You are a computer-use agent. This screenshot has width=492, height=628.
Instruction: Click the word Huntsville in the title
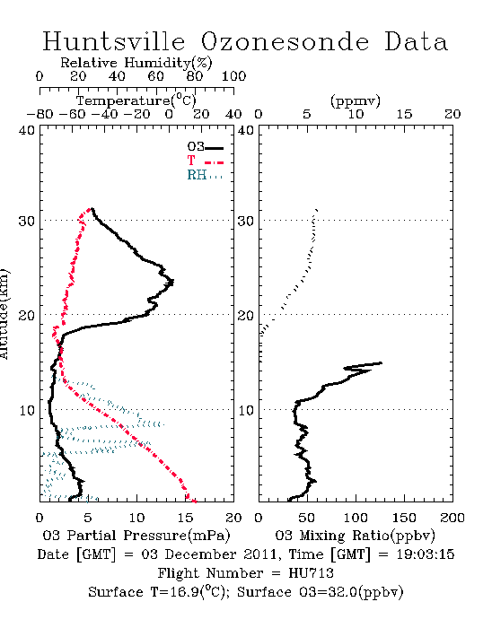pos(114,41)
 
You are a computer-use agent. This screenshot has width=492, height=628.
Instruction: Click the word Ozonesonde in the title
pos(284,41)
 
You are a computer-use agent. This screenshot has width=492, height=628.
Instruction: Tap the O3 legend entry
pos(205,147)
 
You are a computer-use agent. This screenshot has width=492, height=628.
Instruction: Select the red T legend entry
pos(205,161)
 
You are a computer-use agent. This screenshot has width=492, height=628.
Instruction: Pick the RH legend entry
pos(205,175)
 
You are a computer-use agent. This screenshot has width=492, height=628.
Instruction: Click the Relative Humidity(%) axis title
pos(136,63)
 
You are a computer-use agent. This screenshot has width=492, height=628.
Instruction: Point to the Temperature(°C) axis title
pos(136,100)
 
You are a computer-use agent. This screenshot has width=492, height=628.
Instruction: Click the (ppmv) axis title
pos(356,100)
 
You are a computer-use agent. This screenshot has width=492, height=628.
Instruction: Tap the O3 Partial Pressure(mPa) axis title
pos(136,536)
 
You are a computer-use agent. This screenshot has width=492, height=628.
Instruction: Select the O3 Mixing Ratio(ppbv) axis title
pos(355,536)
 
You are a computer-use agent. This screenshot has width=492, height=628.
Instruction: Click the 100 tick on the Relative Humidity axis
pos(233,76)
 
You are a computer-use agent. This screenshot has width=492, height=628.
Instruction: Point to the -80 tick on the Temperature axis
pos(40,114)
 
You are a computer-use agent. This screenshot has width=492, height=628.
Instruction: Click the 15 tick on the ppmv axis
pos(404,114)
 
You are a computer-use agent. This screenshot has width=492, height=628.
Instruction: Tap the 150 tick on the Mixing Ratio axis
pos(404,518)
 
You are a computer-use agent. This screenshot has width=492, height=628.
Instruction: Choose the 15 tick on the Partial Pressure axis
pos(185,518)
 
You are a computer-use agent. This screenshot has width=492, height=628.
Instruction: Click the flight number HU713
pos(311,573)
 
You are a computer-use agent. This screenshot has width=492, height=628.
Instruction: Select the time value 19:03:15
pos(426,554)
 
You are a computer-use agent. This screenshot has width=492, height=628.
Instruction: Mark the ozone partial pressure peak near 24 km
pos(173,283)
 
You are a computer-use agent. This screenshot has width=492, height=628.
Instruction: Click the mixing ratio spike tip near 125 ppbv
pos(382,362)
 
